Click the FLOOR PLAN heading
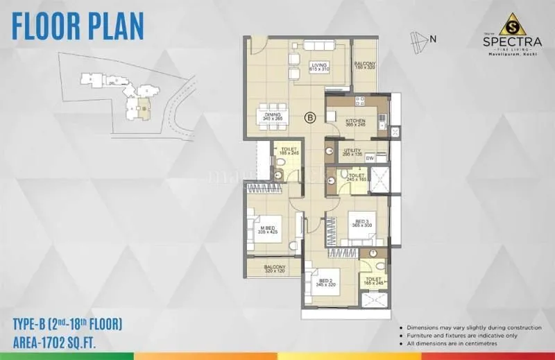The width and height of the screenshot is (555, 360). coord(78,26)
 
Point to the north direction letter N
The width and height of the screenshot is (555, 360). coord(433,39)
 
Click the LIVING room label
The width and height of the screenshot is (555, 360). coord(319,67)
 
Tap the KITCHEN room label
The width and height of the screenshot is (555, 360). coord(355,122)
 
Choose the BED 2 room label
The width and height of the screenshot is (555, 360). coord(325,282)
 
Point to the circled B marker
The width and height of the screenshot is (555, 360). coord(309,118)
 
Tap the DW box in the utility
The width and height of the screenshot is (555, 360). coord(370,158)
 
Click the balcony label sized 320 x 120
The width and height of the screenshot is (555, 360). coord(275,268)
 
